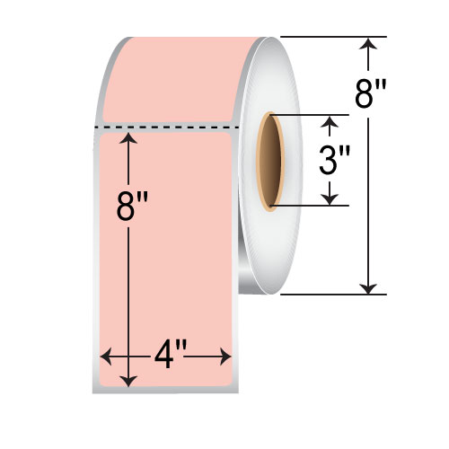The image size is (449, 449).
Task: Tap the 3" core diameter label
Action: click(333, 161)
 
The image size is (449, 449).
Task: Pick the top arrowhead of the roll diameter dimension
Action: click(367, 43)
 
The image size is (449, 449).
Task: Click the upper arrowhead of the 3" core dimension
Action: click(332, 121)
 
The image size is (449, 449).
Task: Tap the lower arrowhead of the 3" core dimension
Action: click(332, 198)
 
